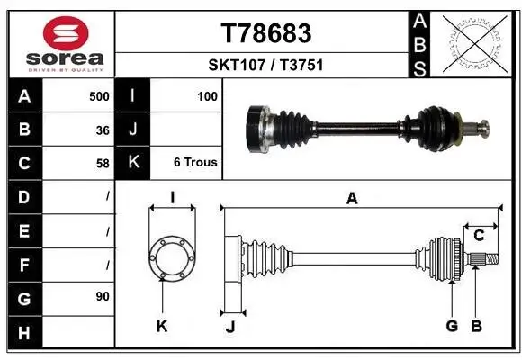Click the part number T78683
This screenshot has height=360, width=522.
[266, 33]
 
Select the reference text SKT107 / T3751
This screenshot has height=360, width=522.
[266, 65]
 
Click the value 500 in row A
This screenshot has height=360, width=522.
[99, 96]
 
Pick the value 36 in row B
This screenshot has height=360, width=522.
[103, 130]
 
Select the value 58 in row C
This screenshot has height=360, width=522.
[103, 164]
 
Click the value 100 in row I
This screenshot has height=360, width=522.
[207, 96]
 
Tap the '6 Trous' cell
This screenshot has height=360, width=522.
[195, 164]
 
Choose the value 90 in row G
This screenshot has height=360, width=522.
[102, 295]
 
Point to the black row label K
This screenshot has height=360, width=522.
[133, 163]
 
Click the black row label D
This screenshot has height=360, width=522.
[23, 196]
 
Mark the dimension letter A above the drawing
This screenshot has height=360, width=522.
[352, 200]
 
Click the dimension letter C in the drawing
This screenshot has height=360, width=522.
[480, 236]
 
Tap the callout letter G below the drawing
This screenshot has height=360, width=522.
[453, 326]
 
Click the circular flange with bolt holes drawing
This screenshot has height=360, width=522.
[171, 258]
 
